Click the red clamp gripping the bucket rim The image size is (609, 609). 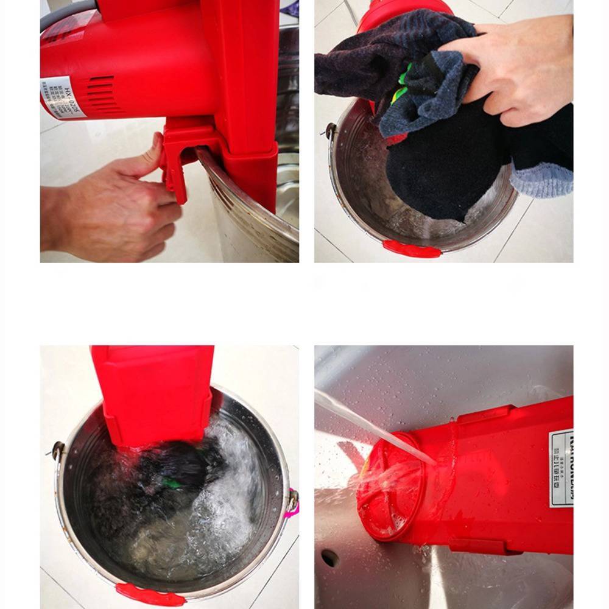177,164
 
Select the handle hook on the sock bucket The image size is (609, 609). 330,130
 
